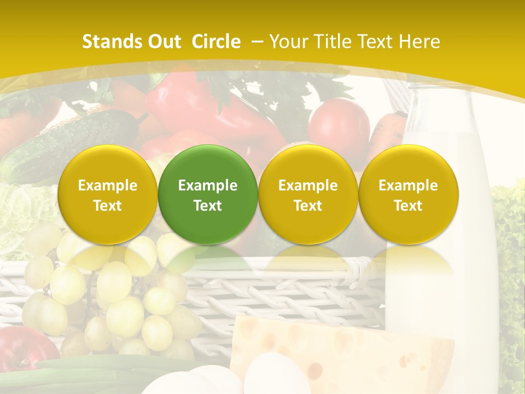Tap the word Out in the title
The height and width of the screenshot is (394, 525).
162,42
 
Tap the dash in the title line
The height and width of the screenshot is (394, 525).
256,42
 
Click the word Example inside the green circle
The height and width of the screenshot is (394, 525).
208,186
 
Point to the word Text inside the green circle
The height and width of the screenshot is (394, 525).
208,206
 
